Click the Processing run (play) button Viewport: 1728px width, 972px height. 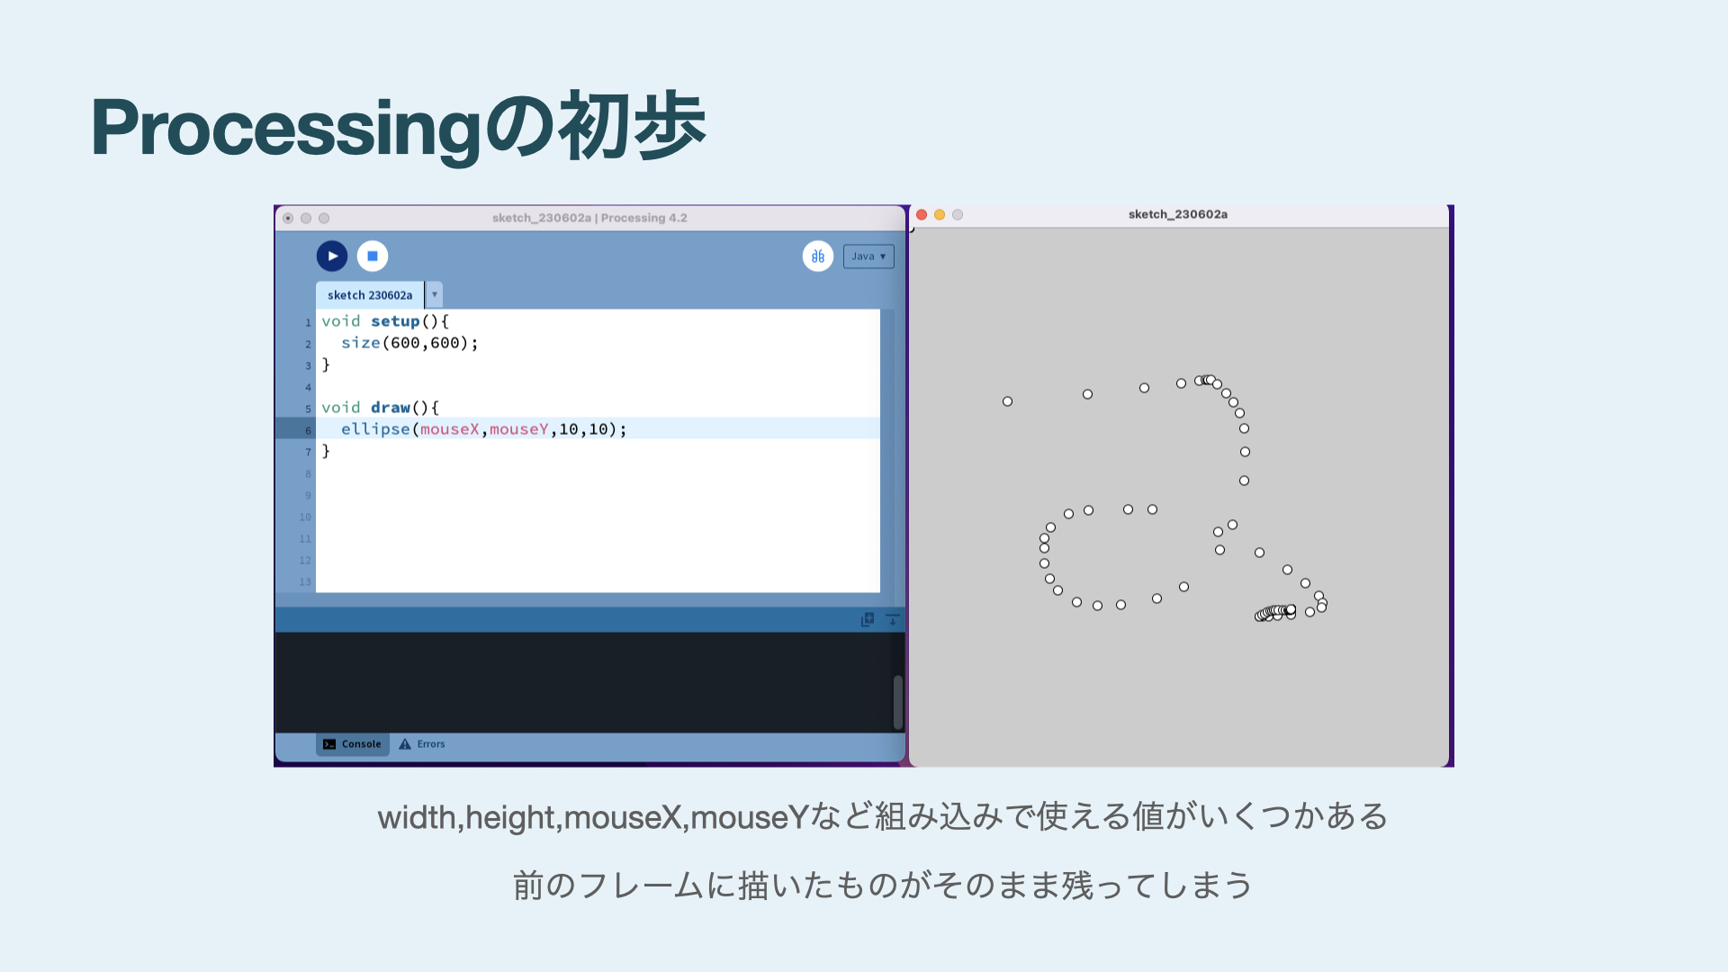click(x=332, y=256)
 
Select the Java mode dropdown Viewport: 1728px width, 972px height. click(x=868, y=256)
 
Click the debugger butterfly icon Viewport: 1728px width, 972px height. click(x=818, y=256)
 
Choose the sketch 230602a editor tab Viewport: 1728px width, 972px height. click(x=370, y=295)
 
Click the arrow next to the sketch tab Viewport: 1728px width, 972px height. click(x=435, y=294)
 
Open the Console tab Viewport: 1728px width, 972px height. click(x=353, y=744)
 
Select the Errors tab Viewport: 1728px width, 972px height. click(x=422, y=744)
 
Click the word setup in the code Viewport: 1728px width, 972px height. click(x=395, y=321)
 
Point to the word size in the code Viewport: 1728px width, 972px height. click(x=361, y=343)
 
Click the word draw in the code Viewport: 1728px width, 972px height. click(x=391, y=408)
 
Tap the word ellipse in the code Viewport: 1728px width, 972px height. click(x=375, y=429)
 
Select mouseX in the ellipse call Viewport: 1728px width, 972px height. click(x=450, y=430)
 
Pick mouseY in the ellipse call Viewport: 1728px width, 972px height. click(x=519, y=430)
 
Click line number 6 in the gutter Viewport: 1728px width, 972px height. click(x=308, y=431)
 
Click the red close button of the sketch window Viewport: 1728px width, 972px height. click(x=922, y=214)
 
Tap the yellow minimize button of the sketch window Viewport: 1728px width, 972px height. click(x=940, y=214)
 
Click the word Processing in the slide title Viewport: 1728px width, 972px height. click(x=286, y=128)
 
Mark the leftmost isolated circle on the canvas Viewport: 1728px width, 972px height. click(x=1007, y=401)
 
